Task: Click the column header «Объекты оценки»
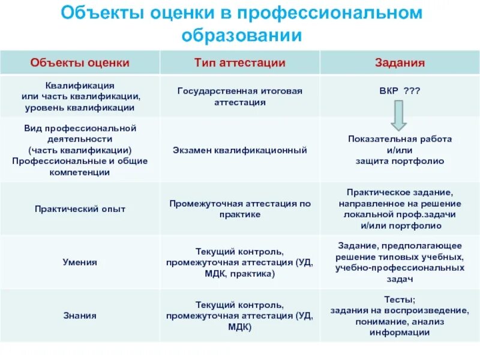80,62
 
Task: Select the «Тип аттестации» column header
239,62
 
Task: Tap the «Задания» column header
400,62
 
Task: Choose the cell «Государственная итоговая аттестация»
239,96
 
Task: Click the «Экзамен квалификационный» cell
239,150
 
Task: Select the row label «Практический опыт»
80,209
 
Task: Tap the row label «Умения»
80,262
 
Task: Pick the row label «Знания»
80,315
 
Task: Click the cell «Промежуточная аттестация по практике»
239,209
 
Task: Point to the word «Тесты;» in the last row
400,299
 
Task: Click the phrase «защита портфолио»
400,161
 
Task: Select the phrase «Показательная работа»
400,139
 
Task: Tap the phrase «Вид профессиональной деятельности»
80,134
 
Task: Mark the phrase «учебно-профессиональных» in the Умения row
400,268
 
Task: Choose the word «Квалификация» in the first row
80,86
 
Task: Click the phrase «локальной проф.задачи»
400,214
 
